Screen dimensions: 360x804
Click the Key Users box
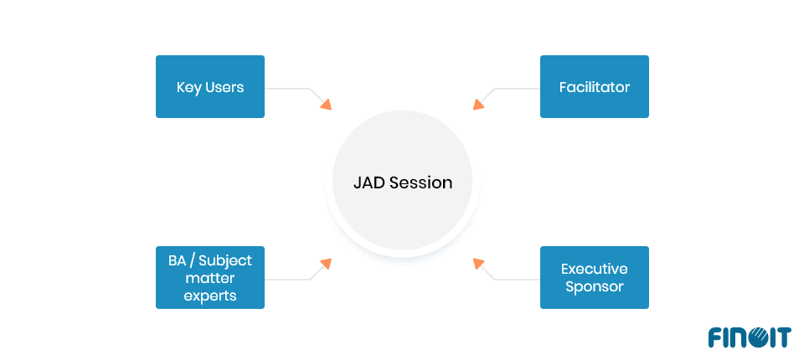click(210, 87)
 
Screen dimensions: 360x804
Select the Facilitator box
click(594, 87)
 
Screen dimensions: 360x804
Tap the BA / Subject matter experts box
click(210, 277)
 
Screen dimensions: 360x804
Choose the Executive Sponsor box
click(594, 277)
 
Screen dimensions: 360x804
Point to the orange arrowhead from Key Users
click(326, 104)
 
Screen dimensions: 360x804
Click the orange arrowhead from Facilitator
click(478, 104)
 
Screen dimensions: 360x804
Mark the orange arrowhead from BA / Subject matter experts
click(326, 263)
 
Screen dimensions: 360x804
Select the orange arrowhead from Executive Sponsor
click(478, 263)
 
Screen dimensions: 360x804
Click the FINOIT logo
click(749, 337)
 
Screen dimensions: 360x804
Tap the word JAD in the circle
click(370, 183)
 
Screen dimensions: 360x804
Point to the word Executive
click(594, 269)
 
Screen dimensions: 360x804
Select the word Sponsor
click(594, 286)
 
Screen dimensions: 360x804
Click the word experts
click(210, 296)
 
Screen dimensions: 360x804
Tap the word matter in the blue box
click(210, 278)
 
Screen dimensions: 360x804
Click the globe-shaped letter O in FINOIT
click(756, 337)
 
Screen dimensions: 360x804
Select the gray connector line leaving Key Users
click(287, 88)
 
